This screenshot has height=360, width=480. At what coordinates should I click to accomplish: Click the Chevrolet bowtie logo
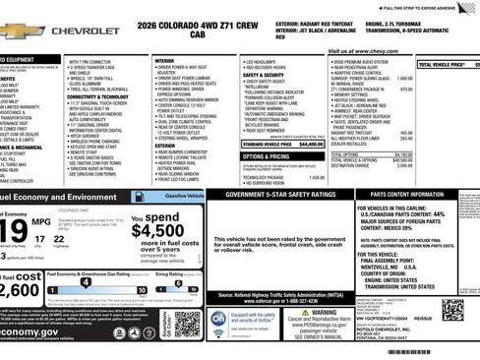coord(20,30)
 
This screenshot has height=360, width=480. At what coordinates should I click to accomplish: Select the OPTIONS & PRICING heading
coord(266,156)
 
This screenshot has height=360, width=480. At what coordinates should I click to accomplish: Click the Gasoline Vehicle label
coord(182,196)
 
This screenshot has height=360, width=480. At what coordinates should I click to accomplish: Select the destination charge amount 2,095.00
coord(402,166)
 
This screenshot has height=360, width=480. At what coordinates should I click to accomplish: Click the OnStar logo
coord(218,319)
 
